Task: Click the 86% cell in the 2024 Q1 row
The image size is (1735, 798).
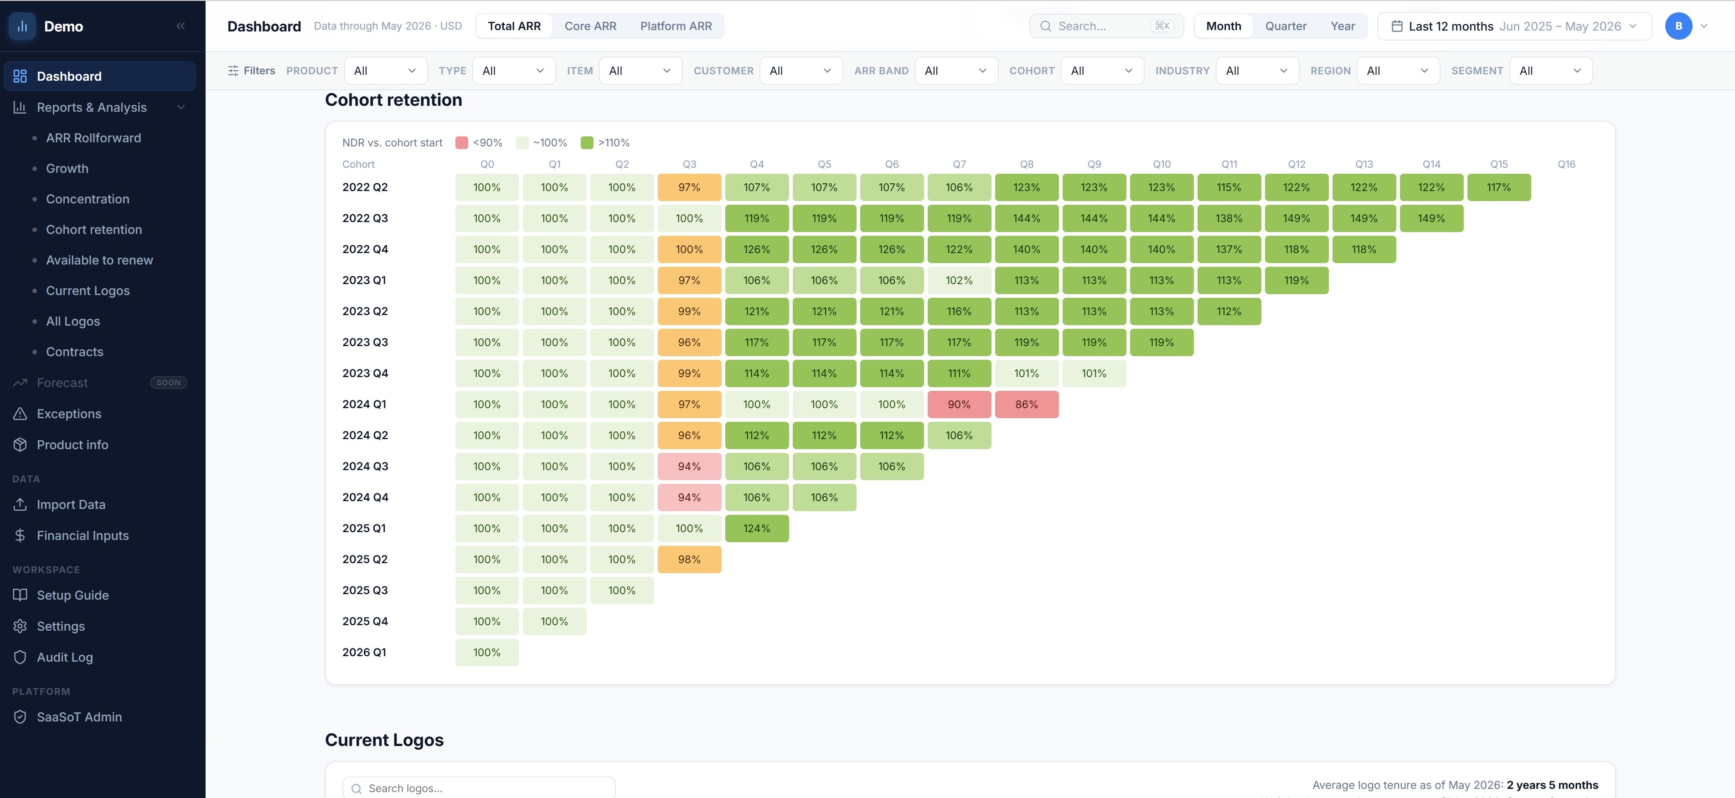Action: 1027,404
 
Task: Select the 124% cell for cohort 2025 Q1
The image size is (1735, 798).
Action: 756,529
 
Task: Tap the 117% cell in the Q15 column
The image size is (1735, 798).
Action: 1498,187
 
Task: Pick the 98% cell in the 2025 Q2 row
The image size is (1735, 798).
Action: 689,560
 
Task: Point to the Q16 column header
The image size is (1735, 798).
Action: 1566,165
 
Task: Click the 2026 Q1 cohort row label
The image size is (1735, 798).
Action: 364,653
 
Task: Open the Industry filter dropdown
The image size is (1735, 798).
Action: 1257,71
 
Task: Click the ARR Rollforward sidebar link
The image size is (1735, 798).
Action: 93,138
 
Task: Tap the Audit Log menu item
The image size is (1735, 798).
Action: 65,657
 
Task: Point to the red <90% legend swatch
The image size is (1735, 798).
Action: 461,143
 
